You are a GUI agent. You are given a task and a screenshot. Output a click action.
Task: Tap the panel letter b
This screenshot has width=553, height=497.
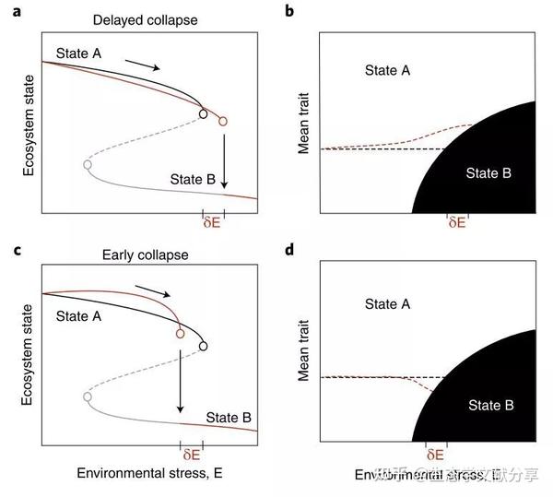(x=290, y=11)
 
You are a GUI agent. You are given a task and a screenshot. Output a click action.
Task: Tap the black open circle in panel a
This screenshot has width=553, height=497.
(x=203, y=114)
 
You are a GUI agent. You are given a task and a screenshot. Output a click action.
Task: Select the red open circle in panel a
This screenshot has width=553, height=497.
(x=222, y=121)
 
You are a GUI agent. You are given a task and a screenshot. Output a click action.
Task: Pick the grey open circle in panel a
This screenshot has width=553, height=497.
(x=87, y=164)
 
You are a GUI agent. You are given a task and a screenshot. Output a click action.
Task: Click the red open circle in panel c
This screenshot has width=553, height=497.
(x=180, y=333)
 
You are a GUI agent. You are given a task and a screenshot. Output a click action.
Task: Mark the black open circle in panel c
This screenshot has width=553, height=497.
(x=203, y=346)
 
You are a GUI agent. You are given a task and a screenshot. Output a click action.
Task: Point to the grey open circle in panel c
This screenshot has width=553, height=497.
(x=87, y=396)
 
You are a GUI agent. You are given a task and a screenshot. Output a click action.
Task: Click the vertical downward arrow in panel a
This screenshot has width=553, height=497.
(x=223, y=161)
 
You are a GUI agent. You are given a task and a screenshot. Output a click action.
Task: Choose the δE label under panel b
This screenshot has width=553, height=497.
(x=456, y=221)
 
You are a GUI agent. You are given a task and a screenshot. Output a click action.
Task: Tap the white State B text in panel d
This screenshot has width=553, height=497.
(x=490, y=405)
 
